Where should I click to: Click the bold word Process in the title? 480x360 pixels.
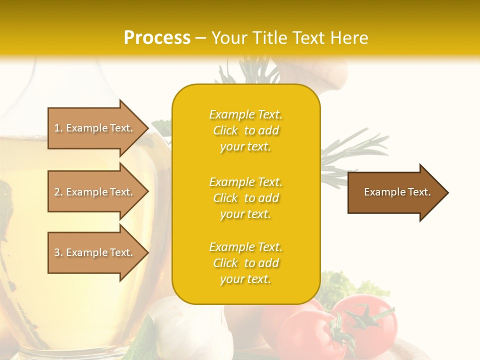click(x=157, y=38)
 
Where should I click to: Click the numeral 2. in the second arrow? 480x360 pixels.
click(x=58, y=192)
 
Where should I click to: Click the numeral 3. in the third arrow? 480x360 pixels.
click(x=58, y=252)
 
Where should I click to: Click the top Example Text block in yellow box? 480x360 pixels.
click(x=245, y=130)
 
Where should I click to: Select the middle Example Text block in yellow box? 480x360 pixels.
click(x=245, y=198)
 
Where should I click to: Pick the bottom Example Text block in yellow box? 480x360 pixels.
click(x=245, y=263)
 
